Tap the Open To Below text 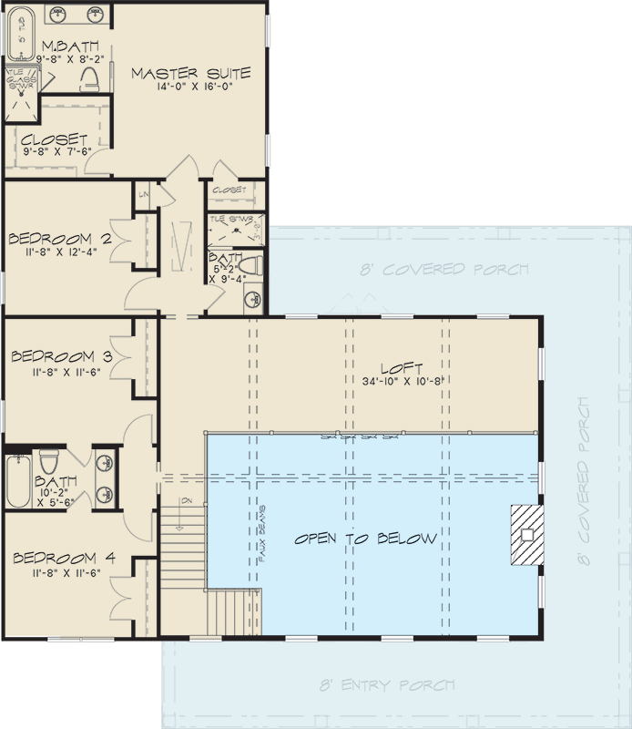click(365, 539)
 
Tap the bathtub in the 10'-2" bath click(18, 481)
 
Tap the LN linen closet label click(144, 194)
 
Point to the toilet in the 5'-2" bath click(254, 266)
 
